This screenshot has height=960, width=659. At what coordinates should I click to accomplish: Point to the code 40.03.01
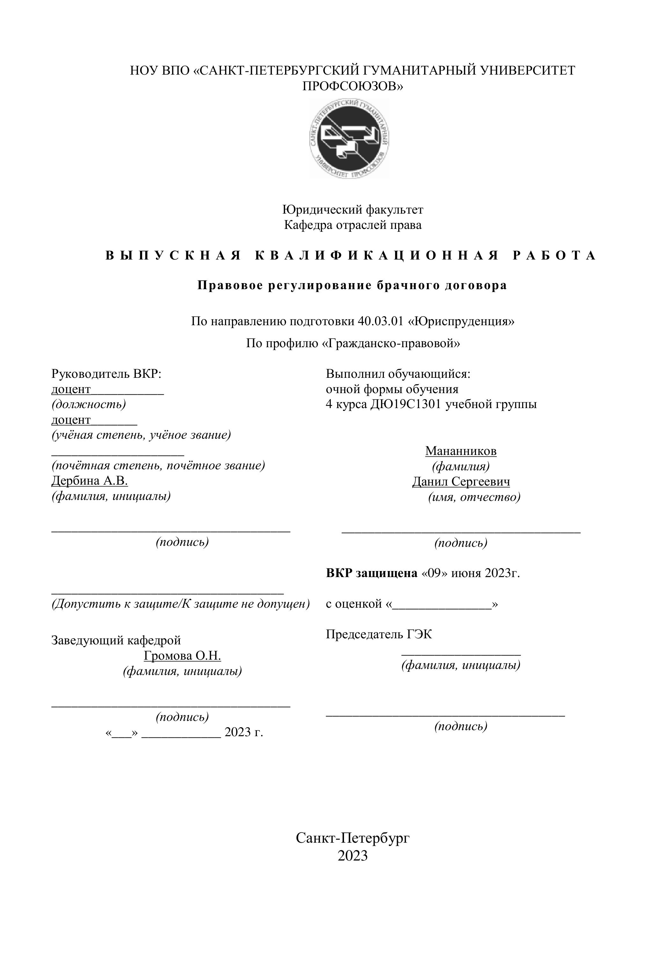tap(380, 321)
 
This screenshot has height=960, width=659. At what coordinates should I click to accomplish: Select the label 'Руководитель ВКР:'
tap(106, 374)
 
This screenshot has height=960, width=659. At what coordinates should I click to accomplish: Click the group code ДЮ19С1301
tap(405, 404)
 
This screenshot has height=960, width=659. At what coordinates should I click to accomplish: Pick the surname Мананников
tap(461, 451)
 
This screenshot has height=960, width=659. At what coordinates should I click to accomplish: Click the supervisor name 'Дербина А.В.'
tap(90, 480)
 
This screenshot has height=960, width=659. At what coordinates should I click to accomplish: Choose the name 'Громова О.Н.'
tap(182, 656)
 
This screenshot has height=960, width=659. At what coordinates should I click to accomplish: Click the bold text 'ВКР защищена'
tap(371, 573)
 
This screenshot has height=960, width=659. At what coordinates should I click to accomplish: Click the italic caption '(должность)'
tap(88, 404)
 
